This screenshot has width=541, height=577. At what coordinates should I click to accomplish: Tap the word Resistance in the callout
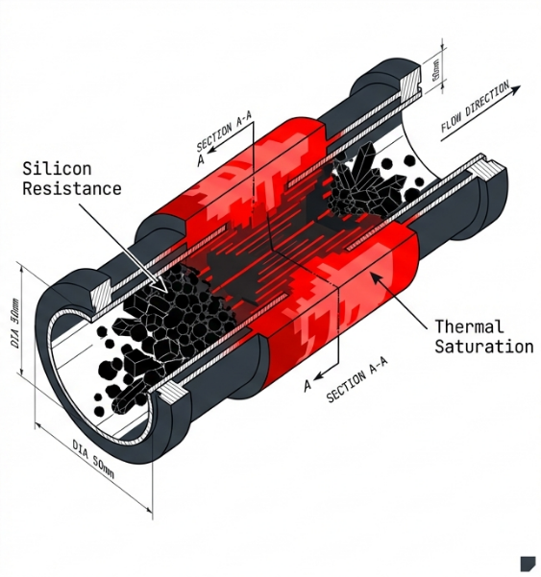point(72,188)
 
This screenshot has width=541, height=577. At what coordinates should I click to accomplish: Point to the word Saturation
point(482,346)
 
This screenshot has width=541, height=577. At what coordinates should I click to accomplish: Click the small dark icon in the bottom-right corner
point(527,563)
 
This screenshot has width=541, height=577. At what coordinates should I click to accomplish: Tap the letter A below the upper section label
point(201,161)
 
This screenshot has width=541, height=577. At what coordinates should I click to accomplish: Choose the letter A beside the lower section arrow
point(307,386)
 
